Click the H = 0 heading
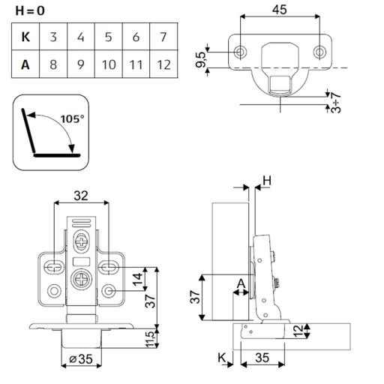click(x=30, y=10)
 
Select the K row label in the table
click(x=25, y=37)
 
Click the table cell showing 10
click(x=109, y=64)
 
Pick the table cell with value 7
click(x=163, y=37)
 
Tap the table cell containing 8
click(x=53, y=64)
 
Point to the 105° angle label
click(x=73, y=119)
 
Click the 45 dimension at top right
click(x=280, y=10)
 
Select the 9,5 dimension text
click(x=201, y=60)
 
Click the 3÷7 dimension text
click(x=335, y=103)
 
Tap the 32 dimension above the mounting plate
click(x=81, y=196)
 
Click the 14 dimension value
click(x=138, y=280)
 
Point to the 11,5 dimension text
click(x=151, y=339)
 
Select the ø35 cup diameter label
click(x=81, y=359)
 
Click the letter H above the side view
click(x=267, y=181)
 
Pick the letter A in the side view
click(x=241, y=283)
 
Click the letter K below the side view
click(x=222, y=358)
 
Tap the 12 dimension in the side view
click(x=298, y=331)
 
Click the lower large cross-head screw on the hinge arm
click(x=82, y=280)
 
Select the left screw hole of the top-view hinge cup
click(x=240, y=52)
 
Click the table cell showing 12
click(x=163, y=64)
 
